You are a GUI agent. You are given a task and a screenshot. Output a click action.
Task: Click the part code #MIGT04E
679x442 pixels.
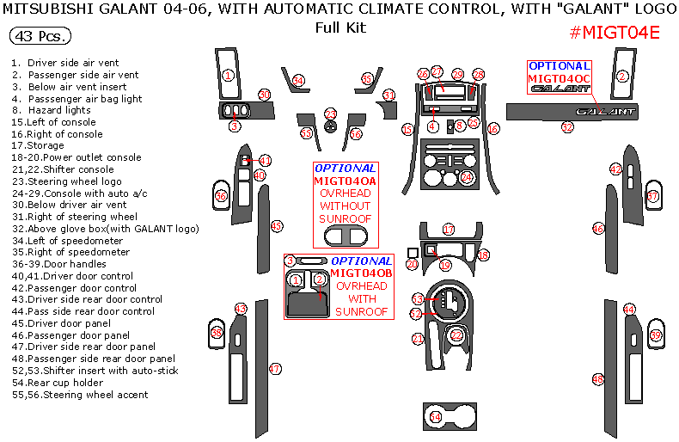[x=615, y=34]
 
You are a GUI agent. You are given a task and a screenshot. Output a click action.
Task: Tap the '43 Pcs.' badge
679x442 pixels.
[x=40, y=38]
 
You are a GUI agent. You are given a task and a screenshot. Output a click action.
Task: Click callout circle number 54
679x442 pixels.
[x=435, y=417]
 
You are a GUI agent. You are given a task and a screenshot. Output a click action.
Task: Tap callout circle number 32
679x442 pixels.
[x=567, y=126]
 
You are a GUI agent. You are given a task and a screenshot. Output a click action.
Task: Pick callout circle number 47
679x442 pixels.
[x=275, y=369]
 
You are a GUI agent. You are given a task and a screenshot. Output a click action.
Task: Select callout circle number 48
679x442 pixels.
[x=598, y=378]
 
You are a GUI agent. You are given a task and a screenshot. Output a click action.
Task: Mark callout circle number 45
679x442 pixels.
[x=276, y=226]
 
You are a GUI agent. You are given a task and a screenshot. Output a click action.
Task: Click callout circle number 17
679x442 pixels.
[x=448, y=230]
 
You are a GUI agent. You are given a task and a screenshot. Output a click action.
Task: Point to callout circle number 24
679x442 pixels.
[x=467, y=177]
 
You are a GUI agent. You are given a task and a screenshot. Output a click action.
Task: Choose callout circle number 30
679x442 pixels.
[x=265, y=95]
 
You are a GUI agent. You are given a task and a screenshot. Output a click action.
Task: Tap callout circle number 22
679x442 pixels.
[x=457, y=334]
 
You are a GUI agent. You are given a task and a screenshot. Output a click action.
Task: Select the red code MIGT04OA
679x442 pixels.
[x=345, y=181]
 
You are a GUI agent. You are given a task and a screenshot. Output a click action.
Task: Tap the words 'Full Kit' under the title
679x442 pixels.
[x=340, y=28]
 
